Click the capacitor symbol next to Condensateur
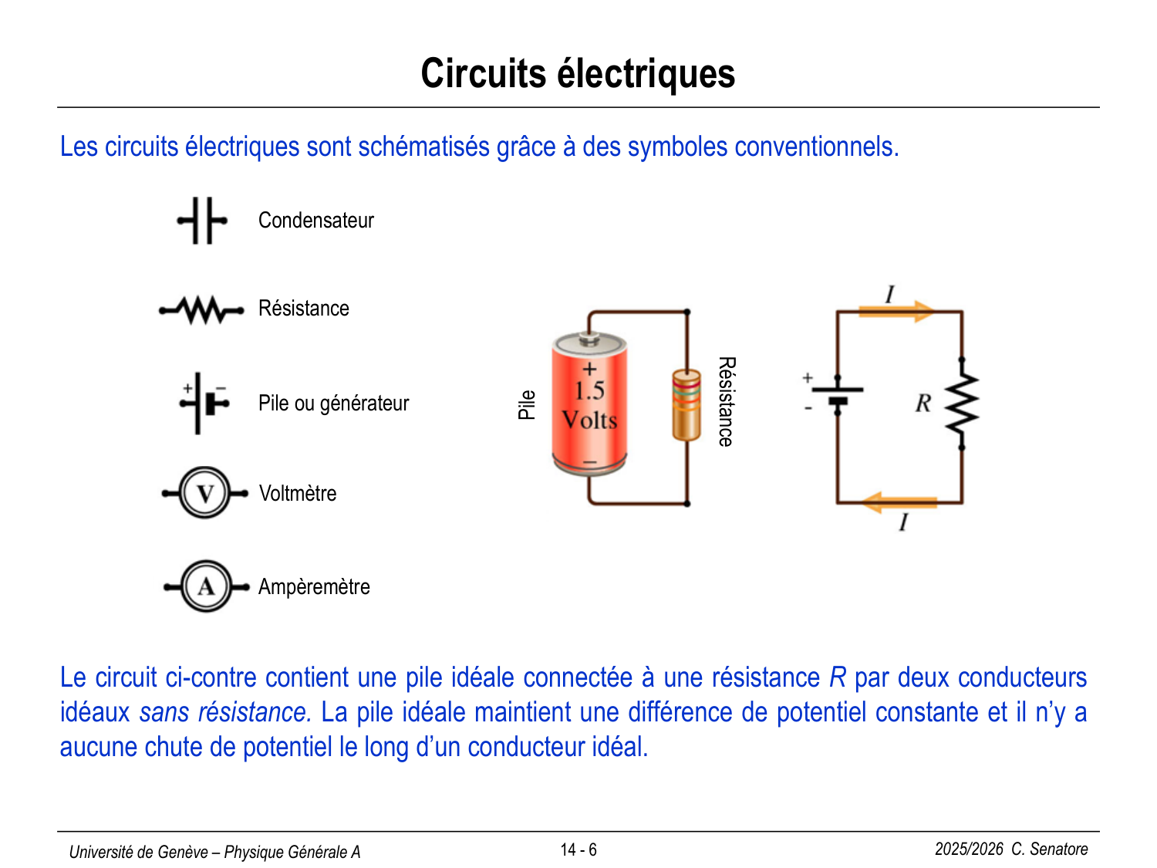202,221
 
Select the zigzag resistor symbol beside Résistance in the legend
201,309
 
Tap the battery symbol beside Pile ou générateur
204,403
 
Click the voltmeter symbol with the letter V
205,493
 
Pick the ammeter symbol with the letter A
206,587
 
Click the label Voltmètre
298,494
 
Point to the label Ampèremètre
314,587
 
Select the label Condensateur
315,221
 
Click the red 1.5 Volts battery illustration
589,405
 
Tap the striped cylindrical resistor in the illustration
686,404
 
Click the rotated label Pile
527,405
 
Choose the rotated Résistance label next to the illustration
726,402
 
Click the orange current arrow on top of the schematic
896,311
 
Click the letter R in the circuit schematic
923,403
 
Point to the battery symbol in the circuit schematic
838,395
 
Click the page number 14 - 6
578,850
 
